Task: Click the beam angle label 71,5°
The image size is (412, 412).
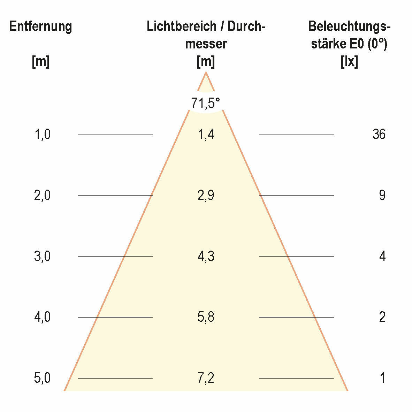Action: coord(206,103)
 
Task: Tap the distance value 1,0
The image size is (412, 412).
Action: coord(43,134)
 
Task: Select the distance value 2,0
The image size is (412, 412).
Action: coord(43,195)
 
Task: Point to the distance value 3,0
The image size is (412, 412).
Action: coord(43,257)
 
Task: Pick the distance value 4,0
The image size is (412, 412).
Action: coord(43,317)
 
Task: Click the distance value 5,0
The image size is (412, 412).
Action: coord(43,378)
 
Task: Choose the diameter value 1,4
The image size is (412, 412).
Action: coord(206,134)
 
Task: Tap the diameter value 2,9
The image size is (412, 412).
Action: coord(206,195)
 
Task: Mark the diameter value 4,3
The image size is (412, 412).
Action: coord(206,257)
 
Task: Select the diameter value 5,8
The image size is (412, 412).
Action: coord(206,317)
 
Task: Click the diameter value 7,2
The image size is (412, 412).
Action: coord(206,378)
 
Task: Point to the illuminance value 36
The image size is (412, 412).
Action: coord(379,134)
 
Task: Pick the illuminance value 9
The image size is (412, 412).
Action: coord(382,195)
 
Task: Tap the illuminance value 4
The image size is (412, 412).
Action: coord(382,257)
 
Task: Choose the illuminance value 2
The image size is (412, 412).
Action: coord(382,317)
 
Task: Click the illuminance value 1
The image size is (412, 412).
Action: coord(383,378)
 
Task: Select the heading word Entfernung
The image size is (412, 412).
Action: coord(40,26)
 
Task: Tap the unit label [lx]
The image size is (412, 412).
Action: coord(349,62)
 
